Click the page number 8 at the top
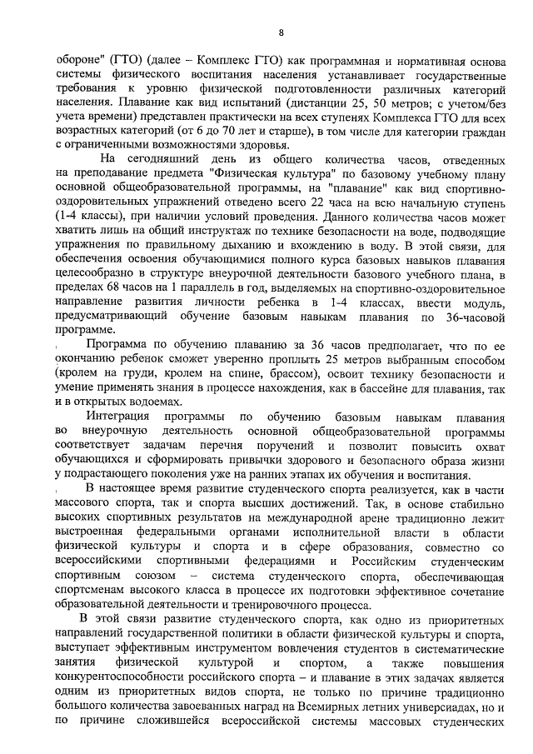click(280, 32)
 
